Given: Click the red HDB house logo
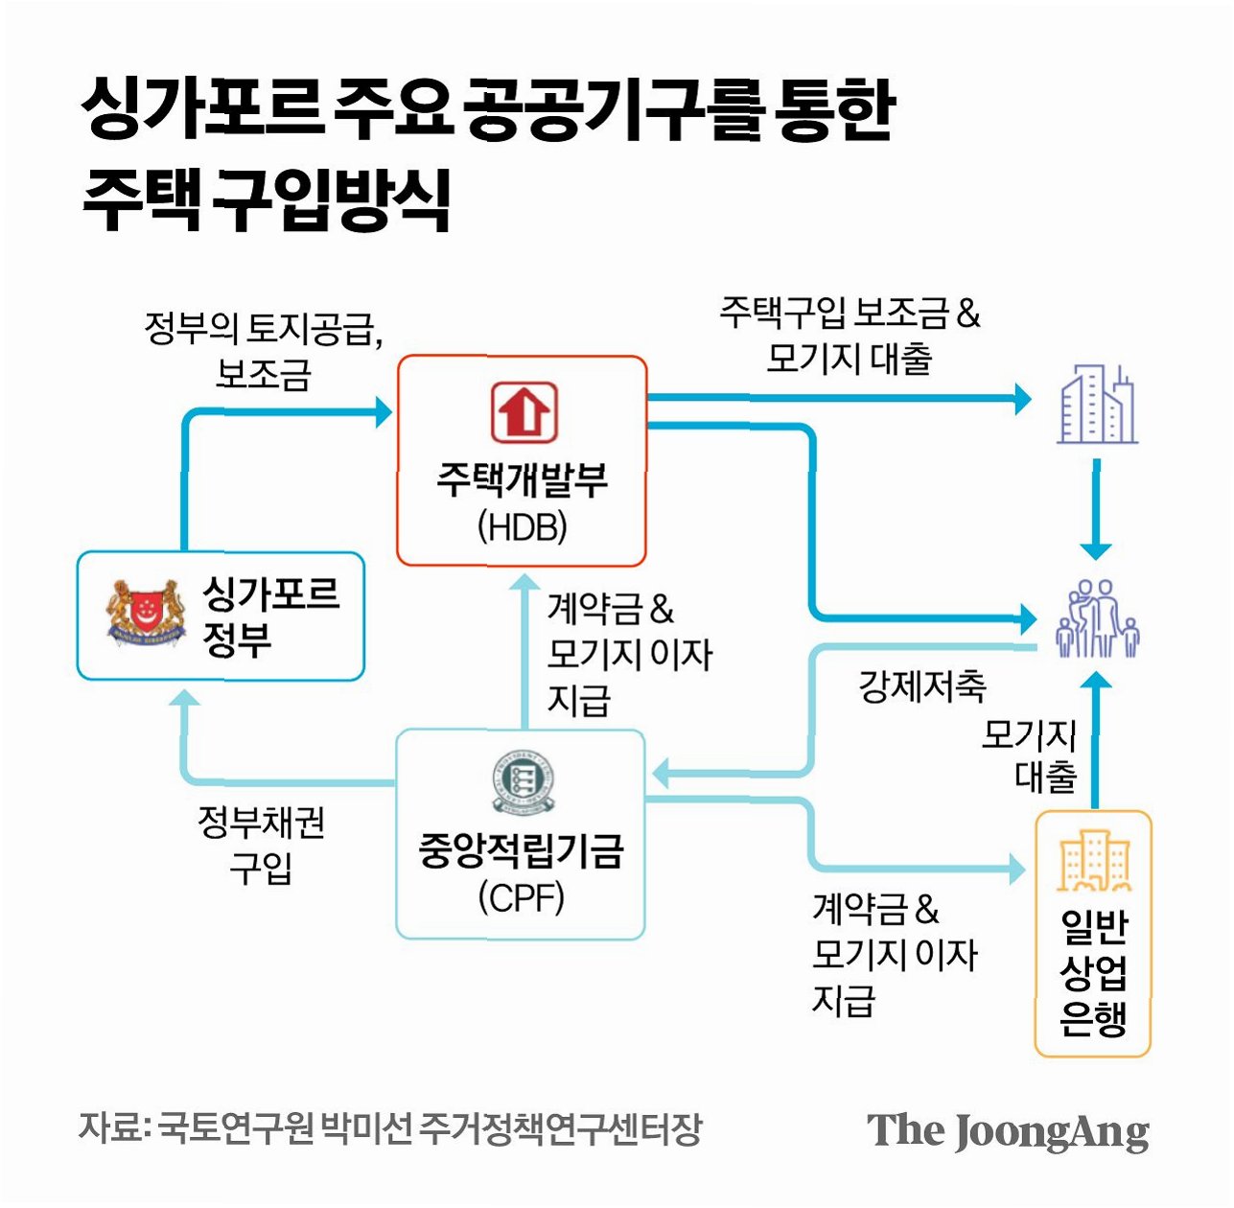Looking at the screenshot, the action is (x=524, y=411).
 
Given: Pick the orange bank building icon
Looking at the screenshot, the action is (x=1094, y=861).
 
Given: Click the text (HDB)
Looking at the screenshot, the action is (x=522, y=526).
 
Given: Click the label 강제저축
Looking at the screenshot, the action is (x=921, y=685).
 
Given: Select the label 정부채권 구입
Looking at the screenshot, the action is (x=261, y=845).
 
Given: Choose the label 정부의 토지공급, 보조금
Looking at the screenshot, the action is (x=263, y=350).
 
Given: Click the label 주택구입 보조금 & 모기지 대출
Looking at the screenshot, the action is (x=850, y=336).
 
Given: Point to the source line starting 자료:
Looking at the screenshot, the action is (x=389, y=1128).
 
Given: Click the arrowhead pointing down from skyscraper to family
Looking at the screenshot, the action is (x=1096, y=551).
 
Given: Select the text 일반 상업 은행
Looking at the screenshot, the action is (x=1093, y=972).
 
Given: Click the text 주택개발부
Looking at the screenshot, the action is (x=522, y=479).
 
